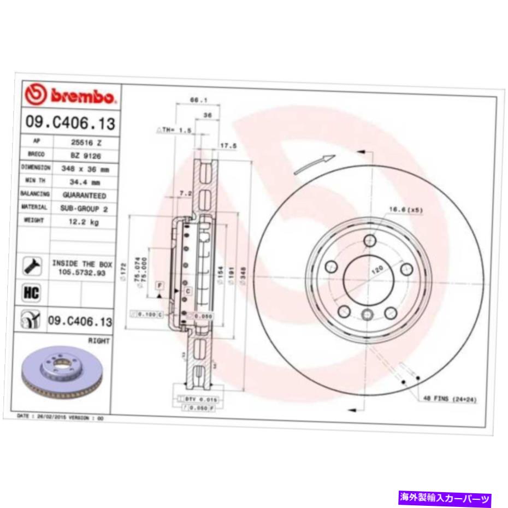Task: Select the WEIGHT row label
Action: (x=36, y=221)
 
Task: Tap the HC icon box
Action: (x=32, y=292)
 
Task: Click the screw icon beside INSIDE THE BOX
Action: (x=32, y=267)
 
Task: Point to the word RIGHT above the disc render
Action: (x=99, y=340)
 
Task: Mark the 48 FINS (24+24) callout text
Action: (x=450, y=400)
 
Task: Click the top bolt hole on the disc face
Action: (x=369, y=240)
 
